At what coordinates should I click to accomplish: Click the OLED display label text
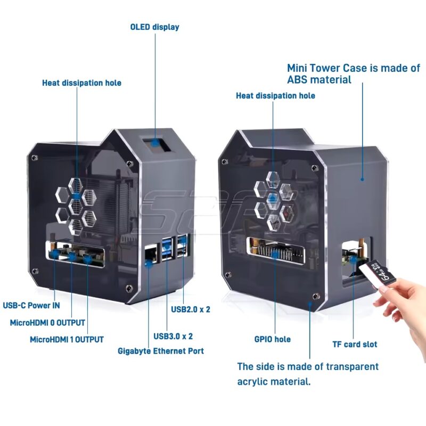pyautogui.click(x=154, y=27)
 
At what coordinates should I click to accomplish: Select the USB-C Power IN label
pyautogui.click(x=31, y=306)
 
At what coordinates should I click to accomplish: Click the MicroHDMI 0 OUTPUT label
pyautogui.click(x=47, y=323)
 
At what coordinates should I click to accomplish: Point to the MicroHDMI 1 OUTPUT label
pyautogui.click(x=67, y=339)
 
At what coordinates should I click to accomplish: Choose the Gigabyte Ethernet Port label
pyautogui.click(x=160, y=351)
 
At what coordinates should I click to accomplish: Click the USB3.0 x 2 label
pyautogui.click(x=173, y=336)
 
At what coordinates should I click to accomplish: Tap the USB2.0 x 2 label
pyautogui.click(x=190, y=309)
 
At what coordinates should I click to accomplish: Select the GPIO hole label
pyautogui.click(x=272, y=339)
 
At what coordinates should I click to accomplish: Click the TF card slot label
pyautogui.click(x=355, y=344)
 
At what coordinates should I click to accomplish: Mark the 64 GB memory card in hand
pyautogui.click(x=379, y=272)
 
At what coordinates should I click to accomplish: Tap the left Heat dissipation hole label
pyautogui.click(x=81, y=83)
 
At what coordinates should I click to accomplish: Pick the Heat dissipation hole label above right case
pyautogui.click(x=275, y=96)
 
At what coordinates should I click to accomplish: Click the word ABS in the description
pyautogui.click(x=297, y=80)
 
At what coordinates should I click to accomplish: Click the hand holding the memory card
pyautogui.click(x=405, y=309)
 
